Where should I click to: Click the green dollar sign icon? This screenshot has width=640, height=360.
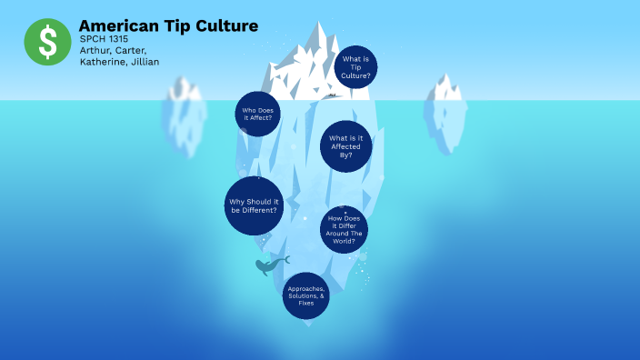click(x=47, y=42)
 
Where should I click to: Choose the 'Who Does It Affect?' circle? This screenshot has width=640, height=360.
click(x=257, y=114)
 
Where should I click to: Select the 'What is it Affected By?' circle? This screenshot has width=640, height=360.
click(x=346, y=145)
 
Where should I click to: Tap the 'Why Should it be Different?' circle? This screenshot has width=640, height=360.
click(x=254, y=205)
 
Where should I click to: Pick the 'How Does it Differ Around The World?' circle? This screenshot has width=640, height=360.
click(x=345, y=228)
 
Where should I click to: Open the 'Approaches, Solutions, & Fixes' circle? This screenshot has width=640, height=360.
click(x=306, y=295)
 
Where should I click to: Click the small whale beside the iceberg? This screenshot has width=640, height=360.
click(x=268, y=265)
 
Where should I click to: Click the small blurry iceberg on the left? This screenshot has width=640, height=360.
click(x=185, y=114)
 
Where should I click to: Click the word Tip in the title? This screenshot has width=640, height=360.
click(x=175, y=25)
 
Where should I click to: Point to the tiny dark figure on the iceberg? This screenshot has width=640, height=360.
click(x=330, y=95)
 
